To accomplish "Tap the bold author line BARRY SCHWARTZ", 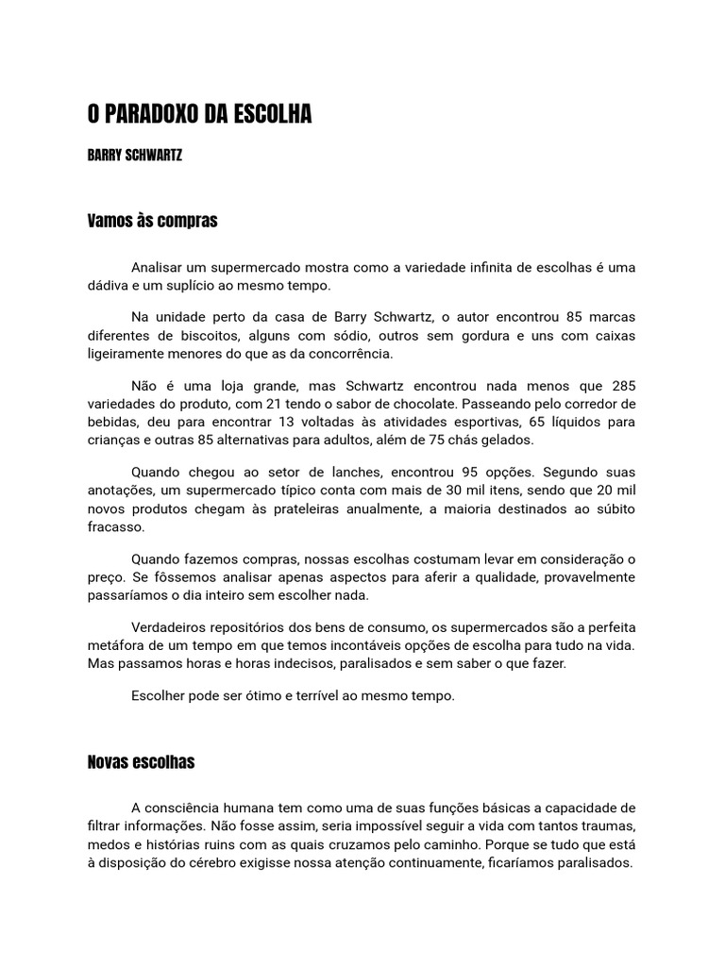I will click(135, 156).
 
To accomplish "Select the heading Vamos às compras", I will click(152, 221).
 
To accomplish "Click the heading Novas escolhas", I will click(141, 761).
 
